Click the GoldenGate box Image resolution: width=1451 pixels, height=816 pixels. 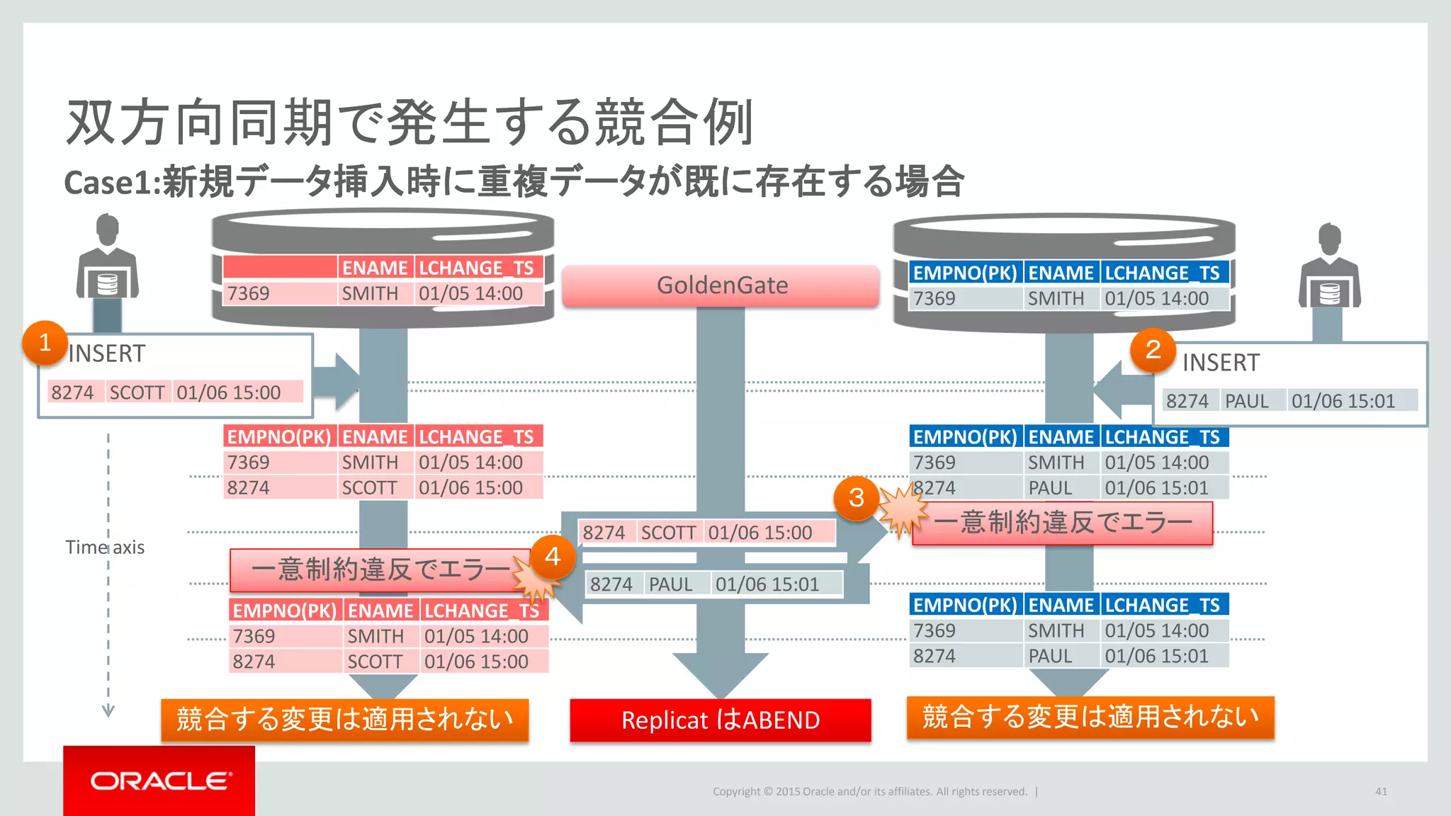[x=721, y=285]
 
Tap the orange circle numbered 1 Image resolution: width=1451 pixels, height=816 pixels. [x=45, y=343]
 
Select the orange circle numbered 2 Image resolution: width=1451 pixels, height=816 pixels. [x=1153, y=350]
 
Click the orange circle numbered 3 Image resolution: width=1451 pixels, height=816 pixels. [x=856, y=498]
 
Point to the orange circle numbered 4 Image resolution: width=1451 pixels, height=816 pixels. [x=553, y=557]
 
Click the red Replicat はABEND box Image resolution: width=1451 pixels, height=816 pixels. [x=721, y=720]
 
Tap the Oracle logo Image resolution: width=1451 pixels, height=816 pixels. [x=160, y=781]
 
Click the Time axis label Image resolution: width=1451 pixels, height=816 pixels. [x=105, y=547]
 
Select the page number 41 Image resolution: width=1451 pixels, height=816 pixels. [x=1381, y=791]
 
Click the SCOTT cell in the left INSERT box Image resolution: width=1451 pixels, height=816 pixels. [x=137, y=392]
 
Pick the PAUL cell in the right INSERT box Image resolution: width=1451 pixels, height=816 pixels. [x=1247, y=401]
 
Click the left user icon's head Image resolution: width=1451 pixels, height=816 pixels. [x=108, y=228]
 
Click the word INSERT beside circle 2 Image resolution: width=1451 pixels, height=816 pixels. [x=1221, y=363]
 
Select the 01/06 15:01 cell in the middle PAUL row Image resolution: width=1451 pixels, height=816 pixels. [x=767, y=584]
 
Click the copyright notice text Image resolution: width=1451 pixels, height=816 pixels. [x=869, y=791]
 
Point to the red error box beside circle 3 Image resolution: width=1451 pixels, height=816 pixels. [x=1063, y=523]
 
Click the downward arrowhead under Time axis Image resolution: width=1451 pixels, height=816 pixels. [x=108, y=710]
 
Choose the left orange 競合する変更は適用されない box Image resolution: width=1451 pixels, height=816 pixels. [x=345, y=720]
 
